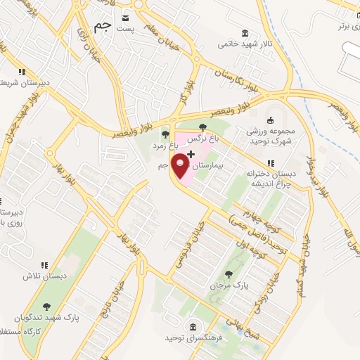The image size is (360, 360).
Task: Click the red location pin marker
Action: (x=181, y=166)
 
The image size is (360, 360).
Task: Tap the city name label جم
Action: (x=103, y=27)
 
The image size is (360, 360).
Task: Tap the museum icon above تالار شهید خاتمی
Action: (x=244, y=33)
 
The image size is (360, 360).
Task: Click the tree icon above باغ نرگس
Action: (x=202, y=127)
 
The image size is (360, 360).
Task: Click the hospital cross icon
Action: (x=191, y=153)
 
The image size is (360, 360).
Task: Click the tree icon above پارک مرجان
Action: (x=226, y=274)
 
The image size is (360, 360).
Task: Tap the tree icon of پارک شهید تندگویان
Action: (x=46, y=306)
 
